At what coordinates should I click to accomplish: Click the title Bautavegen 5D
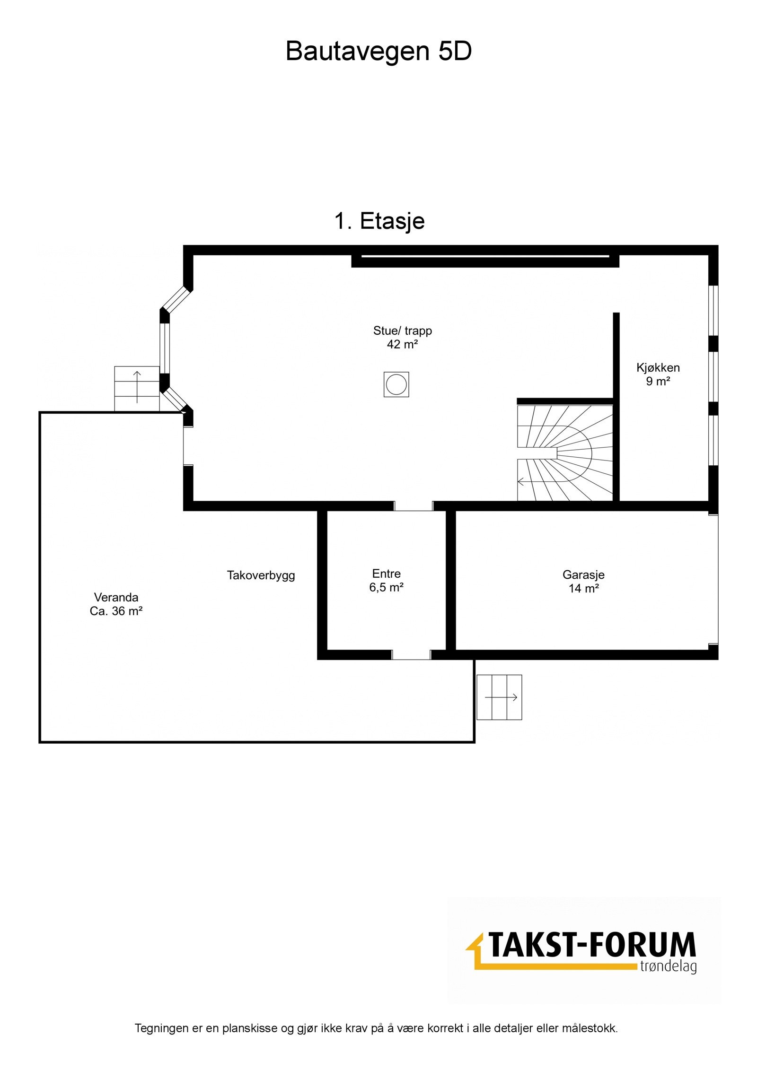(378, 51)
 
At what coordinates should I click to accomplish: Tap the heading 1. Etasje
(379, 221)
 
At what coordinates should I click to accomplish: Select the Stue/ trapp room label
(402, 331)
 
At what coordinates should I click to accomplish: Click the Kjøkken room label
(658, 367)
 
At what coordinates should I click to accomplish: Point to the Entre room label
(386, 574)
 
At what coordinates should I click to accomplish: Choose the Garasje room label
(583, 575)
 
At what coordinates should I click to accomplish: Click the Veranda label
(116, 597)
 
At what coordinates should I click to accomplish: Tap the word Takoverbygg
(261, 575)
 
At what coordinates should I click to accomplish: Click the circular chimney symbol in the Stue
(396, 384)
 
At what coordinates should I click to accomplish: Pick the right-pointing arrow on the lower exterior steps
(501, 697)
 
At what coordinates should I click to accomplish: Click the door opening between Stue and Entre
(414, 506)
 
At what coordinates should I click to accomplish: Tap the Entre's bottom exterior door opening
(411, 655)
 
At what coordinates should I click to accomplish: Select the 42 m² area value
(402, 345)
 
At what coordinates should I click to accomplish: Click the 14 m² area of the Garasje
(583, 589)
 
